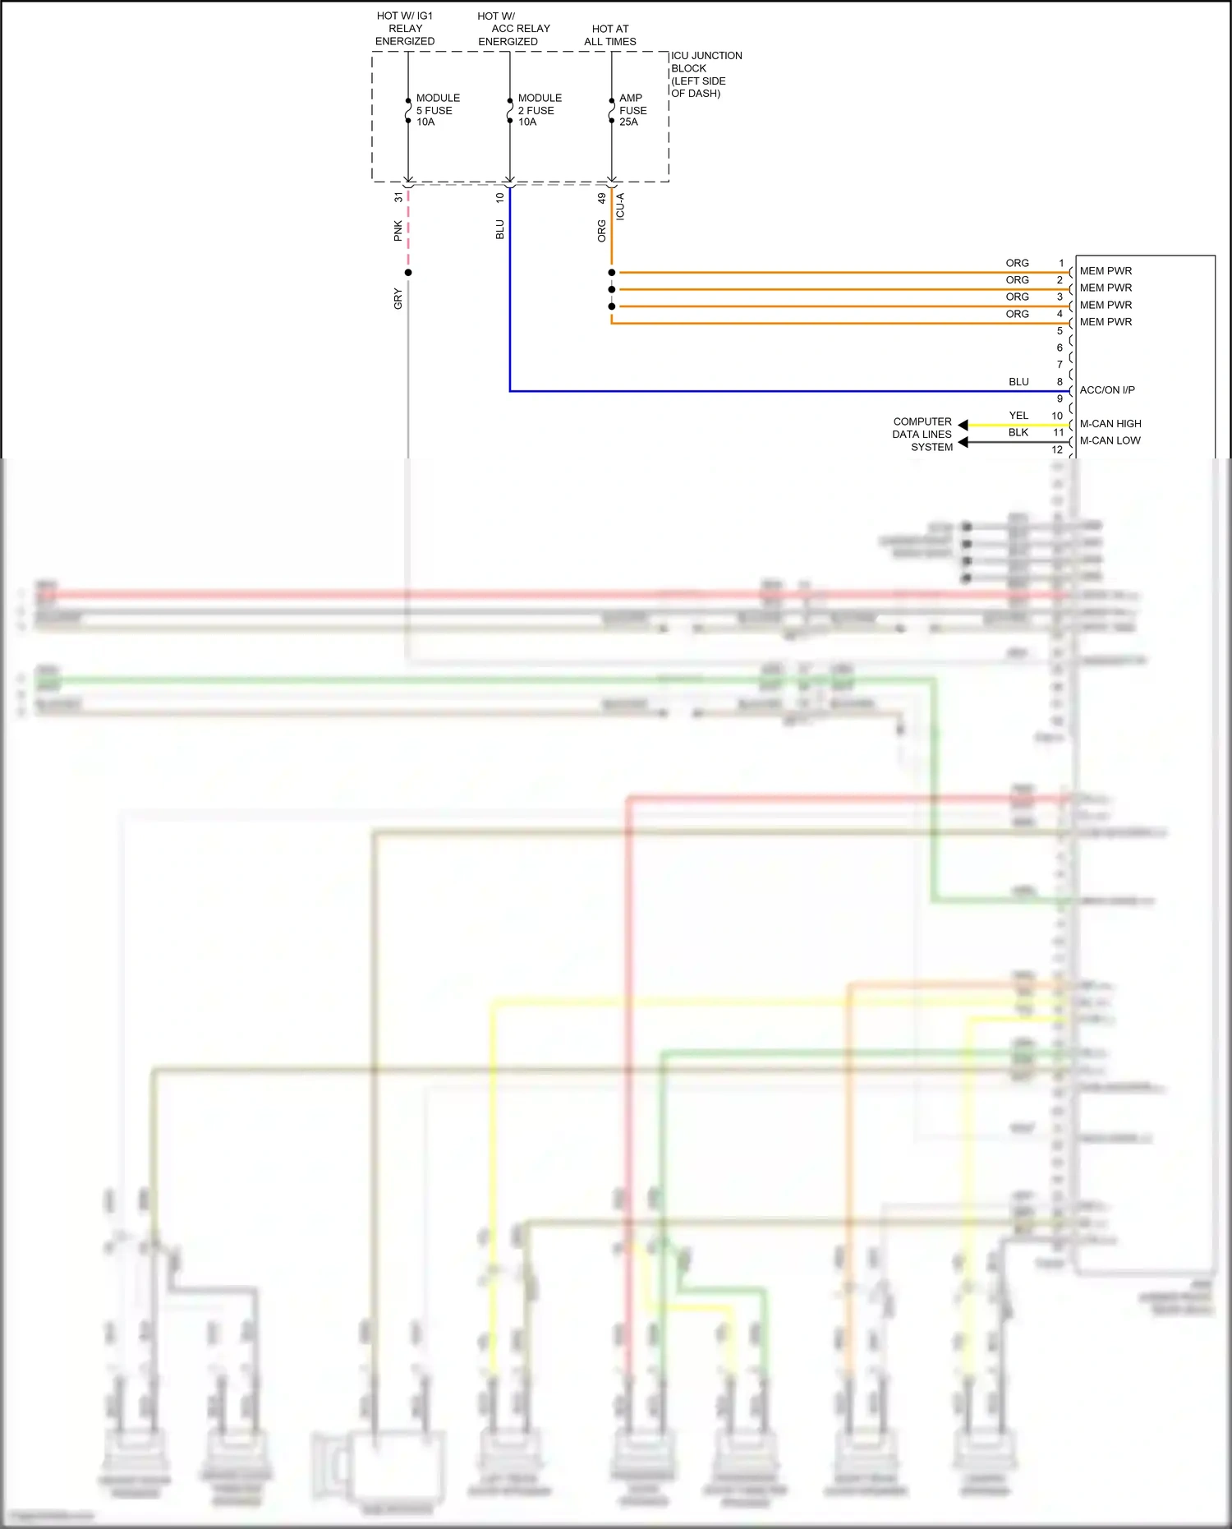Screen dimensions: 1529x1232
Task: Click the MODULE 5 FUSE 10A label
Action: (x=437, y=110)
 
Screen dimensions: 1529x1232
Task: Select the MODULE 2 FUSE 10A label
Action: (x=539, y=110)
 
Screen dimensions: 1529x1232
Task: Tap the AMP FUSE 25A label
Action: (x=632, y=110)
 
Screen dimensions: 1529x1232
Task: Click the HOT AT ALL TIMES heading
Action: (x=609, y=35)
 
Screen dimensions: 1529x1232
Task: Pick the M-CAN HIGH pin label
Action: (x=1110, y=424)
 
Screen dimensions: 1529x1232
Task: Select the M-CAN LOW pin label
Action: (x=1110, y=441)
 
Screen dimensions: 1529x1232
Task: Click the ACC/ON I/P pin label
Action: (x=1106, y=390)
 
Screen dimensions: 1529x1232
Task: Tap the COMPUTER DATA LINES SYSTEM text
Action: (x=922, y=434)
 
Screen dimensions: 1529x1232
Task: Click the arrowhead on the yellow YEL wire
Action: (x=963, y=425)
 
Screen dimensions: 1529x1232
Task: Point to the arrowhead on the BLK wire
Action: (x=963, y=442)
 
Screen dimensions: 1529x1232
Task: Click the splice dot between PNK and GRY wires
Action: (x=408, y=273)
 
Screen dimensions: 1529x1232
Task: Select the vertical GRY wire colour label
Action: (x=398, y=299)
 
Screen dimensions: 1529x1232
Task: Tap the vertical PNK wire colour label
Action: (x=398, y=231)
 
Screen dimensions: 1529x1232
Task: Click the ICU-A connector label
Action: (x=621, y=206)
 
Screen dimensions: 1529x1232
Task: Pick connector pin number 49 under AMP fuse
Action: (x=602, y=198)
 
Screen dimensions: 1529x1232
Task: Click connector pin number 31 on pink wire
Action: (x=398, y=197)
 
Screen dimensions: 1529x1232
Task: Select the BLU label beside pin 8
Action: (x=1018, y=382)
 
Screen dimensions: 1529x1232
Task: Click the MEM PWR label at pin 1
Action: (x=1105, y=271)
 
